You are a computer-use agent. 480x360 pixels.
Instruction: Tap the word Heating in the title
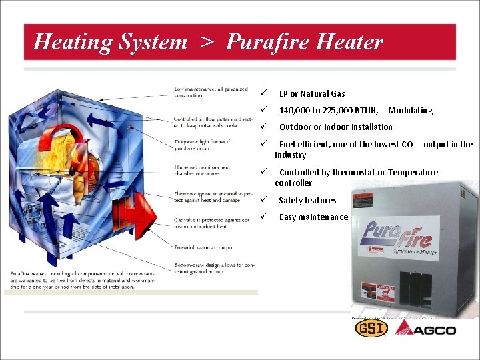tap(73, 42)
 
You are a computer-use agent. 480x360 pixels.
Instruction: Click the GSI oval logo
tap(371, 329)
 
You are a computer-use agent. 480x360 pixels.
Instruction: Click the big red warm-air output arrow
tap(137, 213)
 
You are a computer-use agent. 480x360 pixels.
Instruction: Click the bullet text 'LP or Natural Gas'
tap(311, 94)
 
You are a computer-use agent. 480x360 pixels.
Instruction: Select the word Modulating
tap(410, 111)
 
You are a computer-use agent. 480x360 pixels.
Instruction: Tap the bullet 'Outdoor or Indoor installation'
tap(335, 127)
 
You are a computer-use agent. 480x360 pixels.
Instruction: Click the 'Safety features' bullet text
tap(307, 201)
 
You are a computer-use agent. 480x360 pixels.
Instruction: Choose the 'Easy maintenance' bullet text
tap(313, 217)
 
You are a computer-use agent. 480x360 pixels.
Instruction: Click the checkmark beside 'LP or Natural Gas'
tap(264, 93)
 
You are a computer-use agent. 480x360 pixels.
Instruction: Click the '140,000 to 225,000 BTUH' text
tap(329, 111)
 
